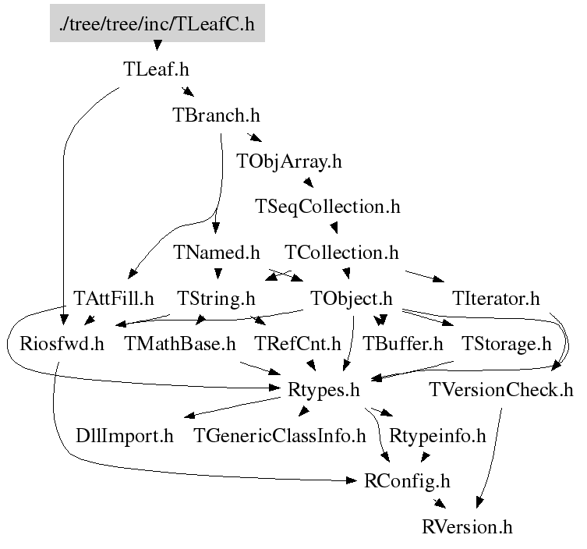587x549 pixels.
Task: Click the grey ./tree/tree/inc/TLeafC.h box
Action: click(157, 24)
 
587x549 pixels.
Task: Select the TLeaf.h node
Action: click(156, 69)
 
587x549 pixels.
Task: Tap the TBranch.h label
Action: click(215, 115)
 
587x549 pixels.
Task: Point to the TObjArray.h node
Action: click(288, 161)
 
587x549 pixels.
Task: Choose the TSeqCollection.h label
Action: click(327, 207)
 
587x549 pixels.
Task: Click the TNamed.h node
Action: click(216, 253)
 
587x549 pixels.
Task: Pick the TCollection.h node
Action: click(341, 253)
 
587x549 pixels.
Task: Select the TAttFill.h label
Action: click(114, 299)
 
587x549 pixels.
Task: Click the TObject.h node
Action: click(350, 299)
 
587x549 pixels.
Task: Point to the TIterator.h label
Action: click(495, 299)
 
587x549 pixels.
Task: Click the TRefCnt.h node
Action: click(298, 344)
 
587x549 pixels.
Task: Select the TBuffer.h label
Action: click(403, 344)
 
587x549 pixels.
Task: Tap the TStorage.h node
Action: click(506, 344)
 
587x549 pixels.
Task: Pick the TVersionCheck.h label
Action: click(501, 389)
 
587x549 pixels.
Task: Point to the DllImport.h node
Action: click(125, 435)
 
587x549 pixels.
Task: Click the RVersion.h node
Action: click(467, 526)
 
